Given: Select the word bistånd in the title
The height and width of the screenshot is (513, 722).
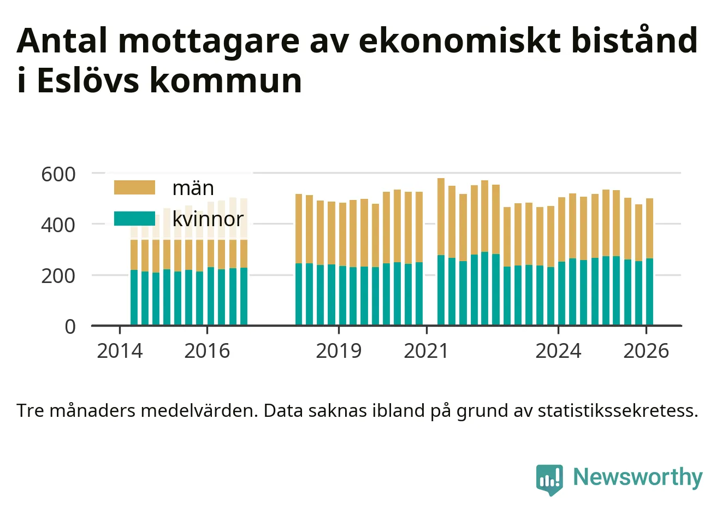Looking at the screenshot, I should (634, 40).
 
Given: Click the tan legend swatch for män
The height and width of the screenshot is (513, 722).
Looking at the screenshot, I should (134, 187).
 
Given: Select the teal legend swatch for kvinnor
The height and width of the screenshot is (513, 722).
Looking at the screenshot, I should (134, 219).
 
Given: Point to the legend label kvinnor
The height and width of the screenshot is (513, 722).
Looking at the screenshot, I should (208, 219).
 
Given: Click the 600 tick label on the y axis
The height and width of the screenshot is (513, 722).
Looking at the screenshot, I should (58, 174).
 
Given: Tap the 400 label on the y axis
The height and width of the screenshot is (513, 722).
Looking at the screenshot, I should (58, 225).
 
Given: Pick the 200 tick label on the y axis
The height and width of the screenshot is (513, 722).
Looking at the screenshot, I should (58, 276).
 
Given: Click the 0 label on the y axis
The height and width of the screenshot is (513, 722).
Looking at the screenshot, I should (70, 327).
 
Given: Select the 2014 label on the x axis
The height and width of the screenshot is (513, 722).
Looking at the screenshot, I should (120, 351).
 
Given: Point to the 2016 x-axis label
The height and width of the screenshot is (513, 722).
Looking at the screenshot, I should (207, 351).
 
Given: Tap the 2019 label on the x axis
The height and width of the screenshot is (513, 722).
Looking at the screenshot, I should (339, 351).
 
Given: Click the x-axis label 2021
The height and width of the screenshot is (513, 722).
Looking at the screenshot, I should (426, 351).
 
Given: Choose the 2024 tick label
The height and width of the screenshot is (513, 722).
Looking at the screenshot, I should (558, 351).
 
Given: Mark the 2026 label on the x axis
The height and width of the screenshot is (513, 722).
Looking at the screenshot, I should (646, 351).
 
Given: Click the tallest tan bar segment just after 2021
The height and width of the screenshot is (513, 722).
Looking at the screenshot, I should (441, 216).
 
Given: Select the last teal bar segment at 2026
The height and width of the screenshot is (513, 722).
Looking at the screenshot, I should (649, 292).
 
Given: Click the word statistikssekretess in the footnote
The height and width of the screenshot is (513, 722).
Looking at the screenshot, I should (618, 411).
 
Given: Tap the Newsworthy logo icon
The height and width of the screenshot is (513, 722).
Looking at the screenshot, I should (549, 479).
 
